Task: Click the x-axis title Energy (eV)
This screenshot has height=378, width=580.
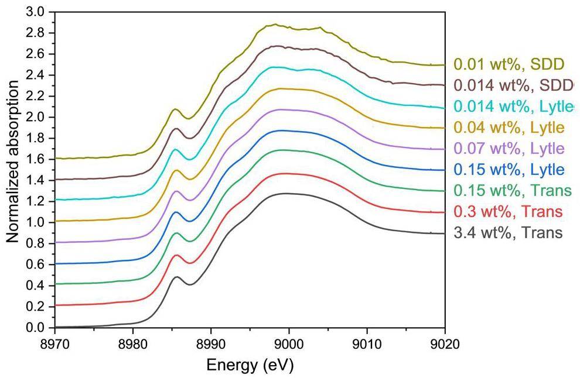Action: point(250,366)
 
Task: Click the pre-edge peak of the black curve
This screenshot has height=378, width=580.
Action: point(176,277)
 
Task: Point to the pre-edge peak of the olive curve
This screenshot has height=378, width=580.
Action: point(175,109)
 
